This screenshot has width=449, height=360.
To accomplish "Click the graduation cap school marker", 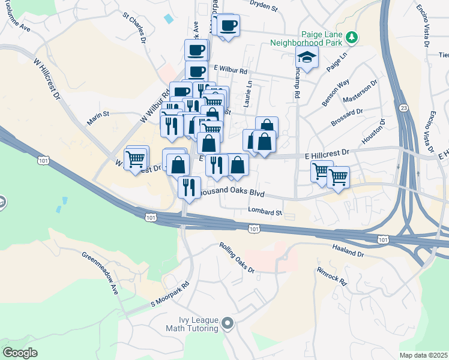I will [x=307, y=58].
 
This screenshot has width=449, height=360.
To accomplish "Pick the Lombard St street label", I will [x=265, y=212].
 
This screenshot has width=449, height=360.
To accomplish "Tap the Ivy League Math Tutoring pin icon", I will [x=227, y=324].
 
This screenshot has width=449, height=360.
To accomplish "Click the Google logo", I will [x=20, y=353].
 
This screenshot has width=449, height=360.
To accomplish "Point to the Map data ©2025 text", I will [x=423, y=355].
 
